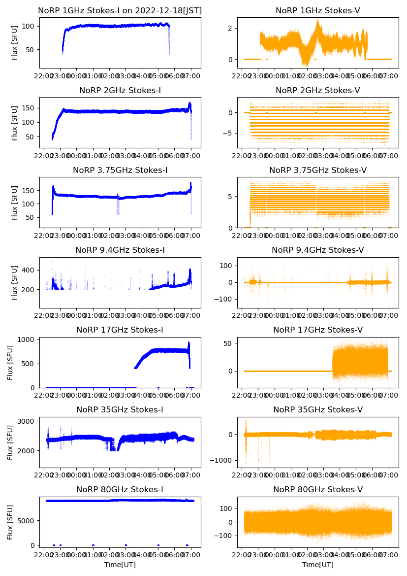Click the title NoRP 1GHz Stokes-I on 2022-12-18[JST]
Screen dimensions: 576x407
pos(120,10)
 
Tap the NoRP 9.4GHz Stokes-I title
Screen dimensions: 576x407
pos(120,250)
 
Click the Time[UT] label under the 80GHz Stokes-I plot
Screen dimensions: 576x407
pos(120,565)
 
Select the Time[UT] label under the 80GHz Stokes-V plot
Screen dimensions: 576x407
pos(317,565)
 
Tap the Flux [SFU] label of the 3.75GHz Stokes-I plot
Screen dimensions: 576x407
pos(15,203)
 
